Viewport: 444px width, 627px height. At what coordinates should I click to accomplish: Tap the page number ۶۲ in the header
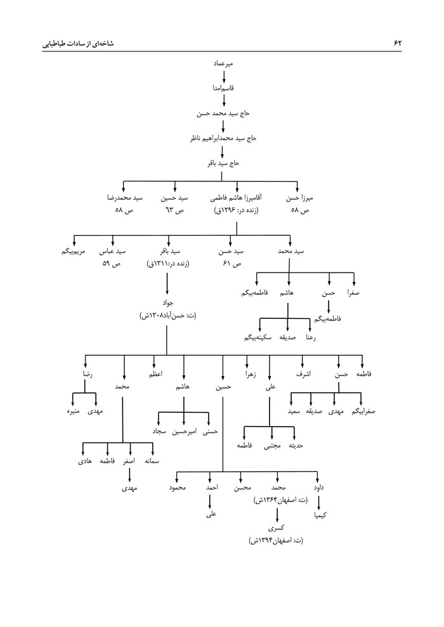(x=398, y=42)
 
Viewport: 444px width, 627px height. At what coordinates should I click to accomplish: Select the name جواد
(x=166, y=303)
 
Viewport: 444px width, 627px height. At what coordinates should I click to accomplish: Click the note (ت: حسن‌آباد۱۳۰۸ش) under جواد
(x=166, y=315)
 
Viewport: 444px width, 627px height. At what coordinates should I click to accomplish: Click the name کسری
(x=277, y=527)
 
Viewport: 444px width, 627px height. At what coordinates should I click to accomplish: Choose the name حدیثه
(x=296, y=446)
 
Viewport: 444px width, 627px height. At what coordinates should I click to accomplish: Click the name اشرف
(x=304, y=375)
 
